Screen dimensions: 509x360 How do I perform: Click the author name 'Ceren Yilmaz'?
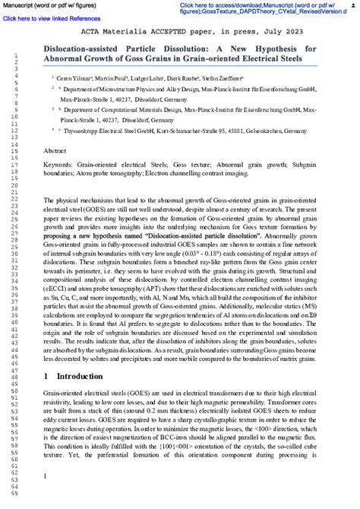click(74, 77)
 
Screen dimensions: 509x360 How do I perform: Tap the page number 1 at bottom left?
click(46, 476)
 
